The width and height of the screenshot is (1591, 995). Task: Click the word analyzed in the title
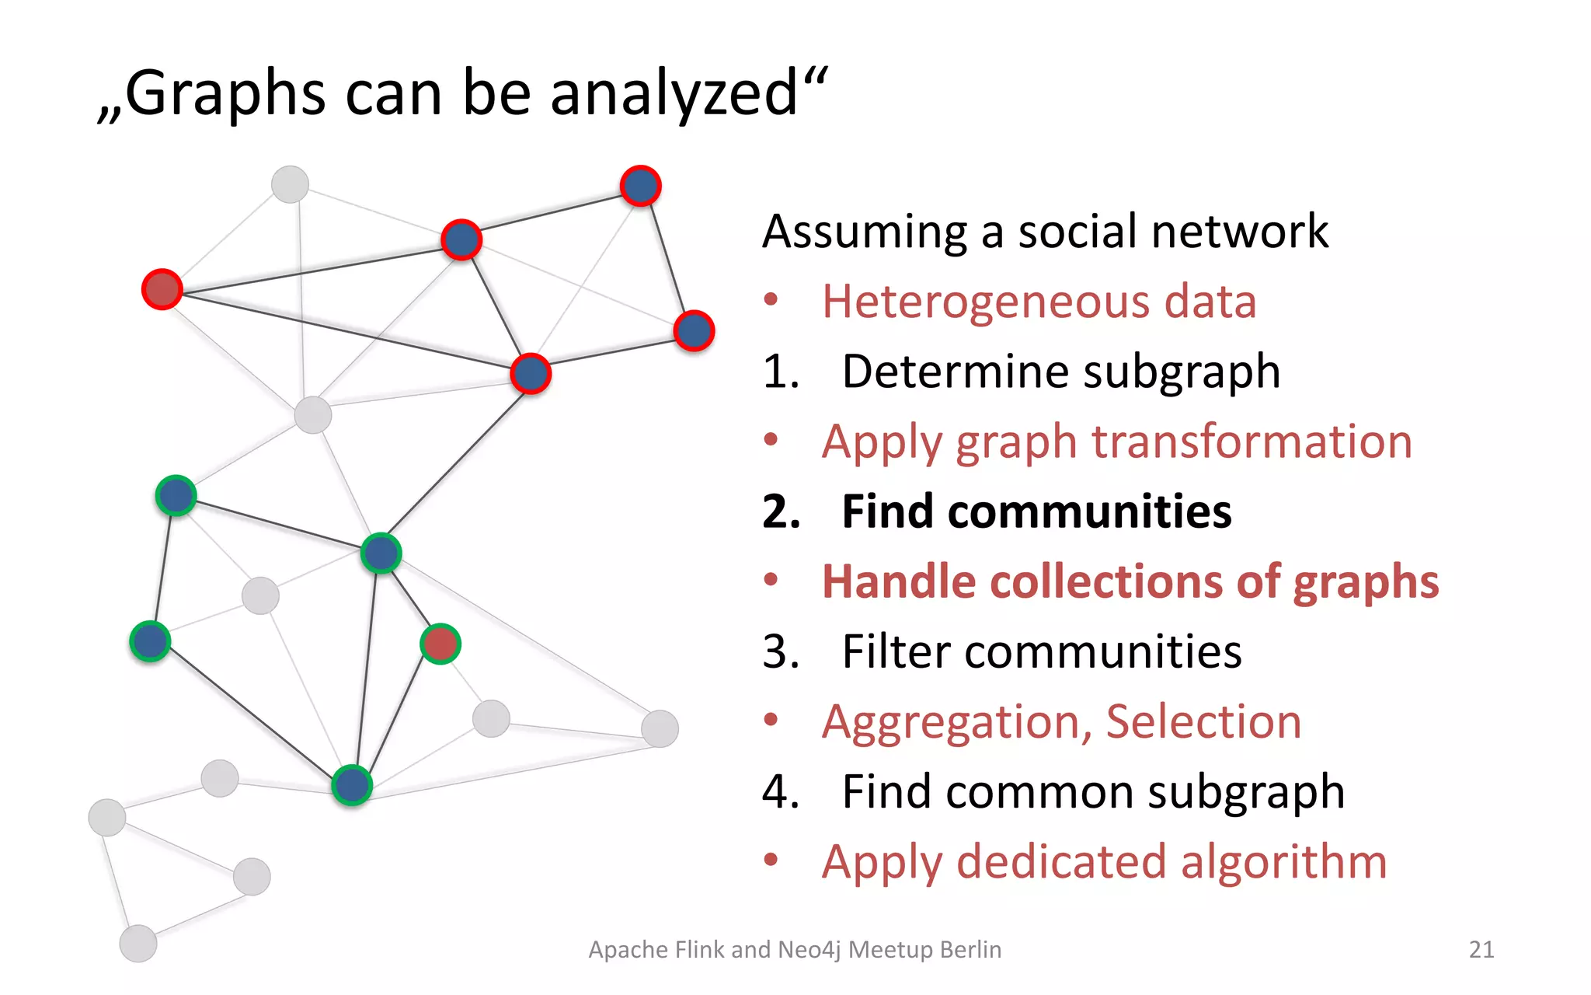click(x=674, y=94)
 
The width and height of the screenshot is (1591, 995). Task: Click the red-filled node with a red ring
click(x=162, y=290)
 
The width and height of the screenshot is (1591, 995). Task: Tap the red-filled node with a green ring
click(x=440, y=644)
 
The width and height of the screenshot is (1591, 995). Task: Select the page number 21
click(x=1481, y=949)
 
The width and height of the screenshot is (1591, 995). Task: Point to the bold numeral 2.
click(x=780, y=511)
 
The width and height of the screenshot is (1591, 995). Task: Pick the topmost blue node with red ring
click(x=641, y=186)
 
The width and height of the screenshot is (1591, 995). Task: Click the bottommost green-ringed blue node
click(x=352, y=785)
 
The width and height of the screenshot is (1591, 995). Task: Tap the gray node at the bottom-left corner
click(x=138, y=944)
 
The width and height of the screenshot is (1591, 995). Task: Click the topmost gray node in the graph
click(x=290, y=184)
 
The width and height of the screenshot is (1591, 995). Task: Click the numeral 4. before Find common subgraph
click(x=780, y=791)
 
